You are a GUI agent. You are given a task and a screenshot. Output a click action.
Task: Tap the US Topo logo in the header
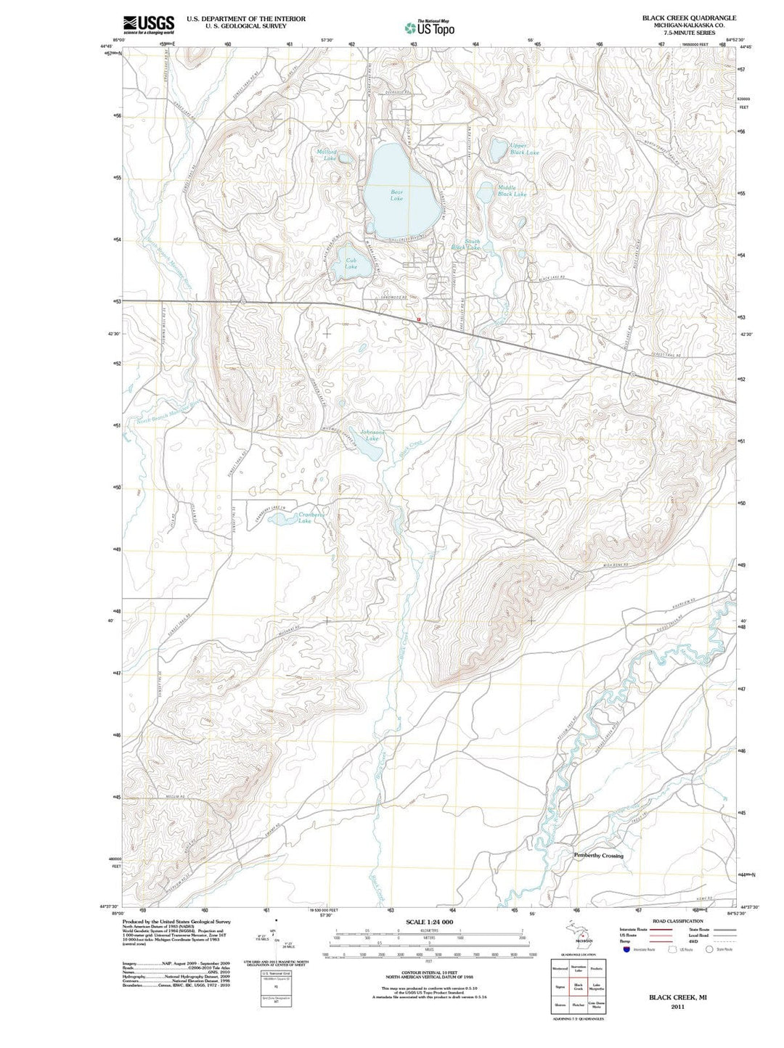coord(430,28)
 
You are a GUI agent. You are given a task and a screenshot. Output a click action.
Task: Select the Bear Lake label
coord(396,195)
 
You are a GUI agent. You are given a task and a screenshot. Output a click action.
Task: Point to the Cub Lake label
coord(351,263)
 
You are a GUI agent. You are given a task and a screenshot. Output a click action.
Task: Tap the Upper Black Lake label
coord(524,149)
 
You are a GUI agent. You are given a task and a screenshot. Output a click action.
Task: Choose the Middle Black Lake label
coord(512,191)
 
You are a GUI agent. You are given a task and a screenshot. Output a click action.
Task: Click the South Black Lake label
coord(467,245)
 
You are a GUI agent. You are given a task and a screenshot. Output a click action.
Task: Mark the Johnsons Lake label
coord(372,435)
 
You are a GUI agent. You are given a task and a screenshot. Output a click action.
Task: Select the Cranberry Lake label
coord(309,517)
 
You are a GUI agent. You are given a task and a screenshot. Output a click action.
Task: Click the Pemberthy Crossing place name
coord(599,856)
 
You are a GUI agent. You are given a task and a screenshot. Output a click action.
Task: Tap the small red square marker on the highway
coord(419,319)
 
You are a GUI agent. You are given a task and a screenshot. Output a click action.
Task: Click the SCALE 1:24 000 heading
coord(428,922)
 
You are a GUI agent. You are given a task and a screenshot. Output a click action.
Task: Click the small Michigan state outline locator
coord(579,932)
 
